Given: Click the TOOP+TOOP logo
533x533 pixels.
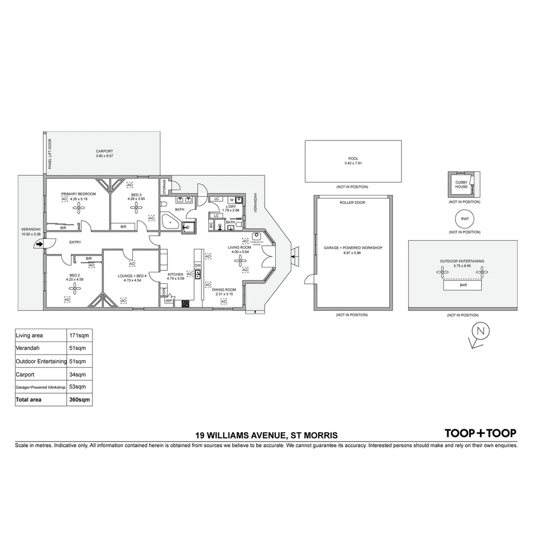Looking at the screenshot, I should click(x=480, y=433).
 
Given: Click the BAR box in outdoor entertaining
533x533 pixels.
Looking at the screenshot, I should click(x=462, y=285).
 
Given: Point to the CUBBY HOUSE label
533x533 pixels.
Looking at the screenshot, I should click(x=461, y=185).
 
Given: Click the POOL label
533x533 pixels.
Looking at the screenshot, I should click(x=353, y=158).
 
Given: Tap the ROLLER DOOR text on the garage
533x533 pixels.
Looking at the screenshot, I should click(x=352, y=203).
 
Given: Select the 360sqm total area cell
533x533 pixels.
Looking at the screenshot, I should click(x=79, y=400).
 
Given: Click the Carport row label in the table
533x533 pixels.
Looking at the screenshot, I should click(x=26, y=374).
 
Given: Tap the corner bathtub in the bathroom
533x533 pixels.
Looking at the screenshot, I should click(x=171, y=223).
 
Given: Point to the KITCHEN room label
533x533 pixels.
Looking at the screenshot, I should click(x=176, y=274).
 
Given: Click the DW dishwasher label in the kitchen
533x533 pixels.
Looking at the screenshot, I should click(x=197, y=266).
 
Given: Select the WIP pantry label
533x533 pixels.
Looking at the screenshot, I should click(x=168, y=300).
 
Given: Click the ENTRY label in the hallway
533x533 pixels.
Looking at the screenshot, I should click(x=75, y=242).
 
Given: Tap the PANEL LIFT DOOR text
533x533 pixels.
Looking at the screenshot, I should click(x=50, y=154).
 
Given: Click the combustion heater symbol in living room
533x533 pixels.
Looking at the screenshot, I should click(x=256, y=235).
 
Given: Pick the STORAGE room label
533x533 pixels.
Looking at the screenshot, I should click(x=164, y=187).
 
